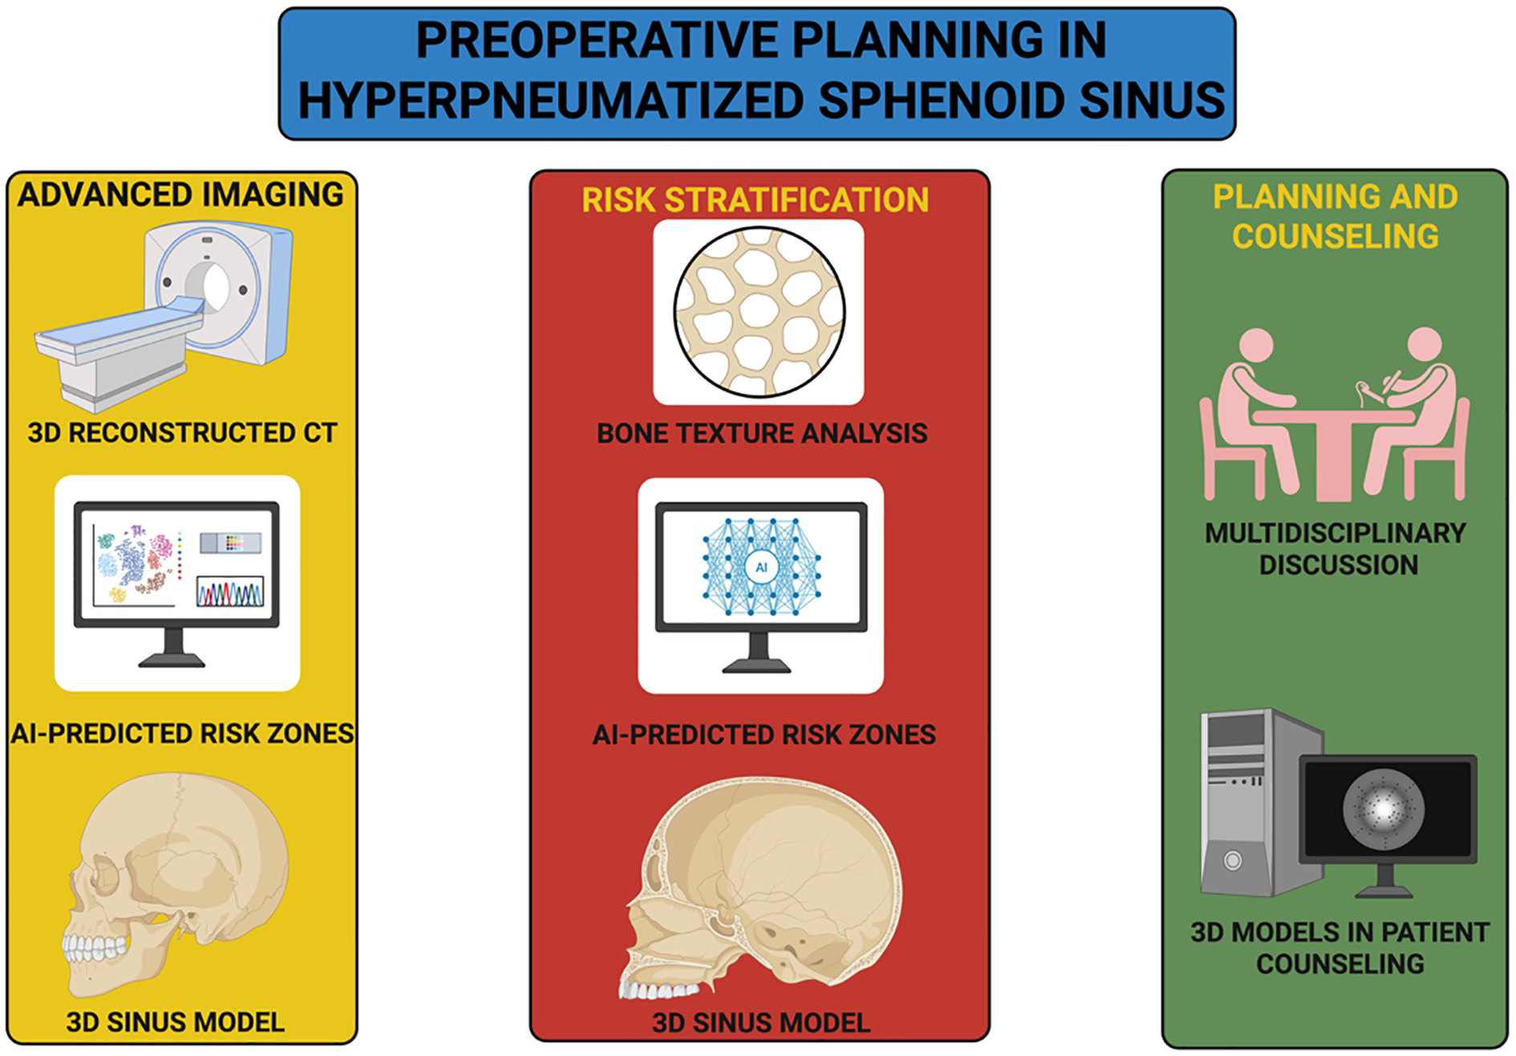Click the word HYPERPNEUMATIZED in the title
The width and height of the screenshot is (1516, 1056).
coord(550,101)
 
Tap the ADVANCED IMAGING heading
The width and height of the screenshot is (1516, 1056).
coord(181,195)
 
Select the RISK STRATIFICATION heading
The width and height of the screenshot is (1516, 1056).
coord(756,200)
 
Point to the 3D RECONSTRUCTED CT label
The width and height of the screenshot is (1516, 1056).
coord(182,433)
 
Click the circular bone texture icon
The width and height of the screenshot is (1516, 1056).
coord(759,312)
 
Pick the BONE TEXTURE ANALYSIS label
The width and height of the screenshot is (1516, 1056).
coord(762,434)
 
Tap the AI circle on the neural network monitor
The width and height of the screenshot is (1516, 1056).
coord(761,567)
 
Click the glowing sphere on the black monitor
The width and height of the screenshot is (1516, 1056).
coord(1384,807)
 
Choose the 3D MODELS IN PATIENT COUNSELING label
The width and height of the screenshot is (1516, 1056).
coord(1340,948)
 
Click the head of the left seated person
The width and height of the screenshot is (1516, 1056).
coord(1256,346)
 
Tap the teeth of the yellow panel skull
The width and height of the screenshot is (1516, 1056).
coord(94,949)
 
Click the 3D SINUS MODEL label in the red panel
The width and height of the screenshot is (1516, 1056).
coord(761,1023)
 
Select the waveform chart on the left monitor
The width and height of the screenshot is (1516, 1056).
coord(230,592)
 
